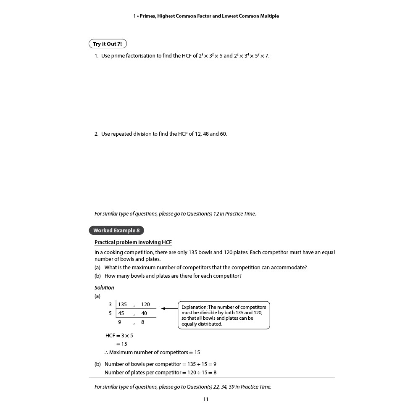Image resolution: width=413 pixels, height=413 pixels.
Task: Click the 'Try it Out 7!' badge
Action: point(107,44)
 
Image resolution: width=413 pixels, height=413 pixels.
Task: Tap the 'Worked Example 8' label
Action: point(116,230)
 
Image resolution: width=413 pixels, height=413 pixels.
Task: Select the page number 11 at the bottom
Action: point(206,399)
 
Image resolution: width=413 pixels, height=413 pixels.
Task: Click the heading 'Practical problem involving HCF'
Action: point(133,242)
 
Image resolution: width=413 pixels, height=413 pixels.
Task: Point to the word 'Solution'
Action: point(104,288)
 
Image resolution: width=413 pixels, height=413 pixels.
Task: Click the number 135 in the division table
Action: point(123,305)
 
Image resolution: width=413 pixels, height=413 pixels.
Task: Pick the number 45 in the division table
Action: point(121,313)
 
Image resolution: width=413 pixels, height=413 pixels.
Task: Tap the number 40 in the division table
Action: point(144,313)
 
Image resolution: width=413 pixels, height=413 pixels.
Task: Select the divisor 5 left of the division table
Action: point(110,313)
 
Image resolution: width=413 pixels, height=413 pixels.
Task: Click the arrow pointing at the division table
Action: point(169,308)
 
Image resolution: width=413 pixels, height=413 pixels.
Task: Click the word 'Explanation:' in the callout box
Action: point(194,307)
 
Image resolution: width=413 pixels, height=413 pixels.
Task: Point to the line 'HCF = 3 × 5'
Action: point(119,336)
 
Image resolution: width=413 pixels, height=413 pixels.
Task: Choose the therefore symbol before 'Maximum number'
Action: point(106,352)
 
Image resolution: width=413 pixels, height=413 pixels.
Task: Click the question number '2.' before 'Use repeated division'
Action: point(96,134)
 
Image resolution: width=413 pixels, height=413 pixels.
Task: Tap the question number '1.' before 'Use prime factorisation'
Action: point(96,56)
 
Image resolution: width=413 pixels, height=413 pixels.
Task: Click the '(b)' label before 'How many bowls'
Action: point(97,276)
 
